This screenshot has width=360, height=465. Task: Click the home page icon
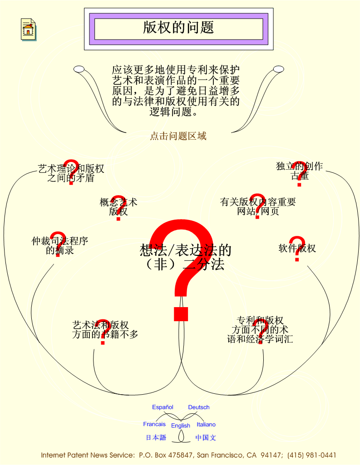[x=29, y=29]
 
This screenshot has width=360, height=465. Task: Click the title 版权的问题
[x=178, y=27]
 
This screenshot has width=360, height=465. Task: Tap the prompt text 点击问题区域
[x=178, y=136]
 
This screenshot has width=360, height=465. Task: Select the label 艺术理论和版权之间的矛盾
[x=71, y=173]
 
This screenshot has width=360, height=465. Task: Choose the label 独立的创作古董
[x=300, y=171]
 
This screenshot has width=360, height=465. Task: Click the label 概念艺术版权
[x=118, y=207]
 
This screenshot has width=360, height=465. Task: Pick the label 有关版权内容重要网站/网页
[x=258, y=206]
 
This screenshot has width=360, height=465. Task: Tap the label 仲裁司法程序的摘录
[x=59, y=245]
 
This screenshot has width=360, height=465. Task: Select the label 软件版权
[x=297, y=248]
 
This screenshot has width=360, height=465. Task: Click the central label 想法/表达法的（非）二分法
[x=186, y=257]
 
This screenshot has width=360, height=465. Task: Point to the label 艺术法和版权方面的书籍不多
[x=105, y=329]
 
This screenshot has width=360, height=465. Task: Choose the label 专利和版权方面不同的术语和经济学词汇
[x=260, y=329]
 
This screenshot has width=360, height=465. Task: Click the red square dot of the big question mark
[x=181, y=314]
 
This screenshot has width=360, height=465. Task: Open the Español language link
[x=163, y=407]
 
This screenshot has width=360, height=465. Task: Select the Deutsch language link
[x=199, y=407]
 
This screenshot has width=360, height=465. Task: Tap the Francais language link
[x=154, y=424]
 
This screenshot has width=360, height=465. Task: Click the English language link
[x=181, y=426]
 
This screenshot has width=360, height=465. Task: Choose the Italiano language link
[x=206, y=424]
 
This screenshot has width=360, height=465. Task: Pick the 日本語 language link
[x=156, y=437]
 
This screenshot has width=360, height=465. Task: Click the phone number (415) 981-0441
[x=311, y=455]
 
